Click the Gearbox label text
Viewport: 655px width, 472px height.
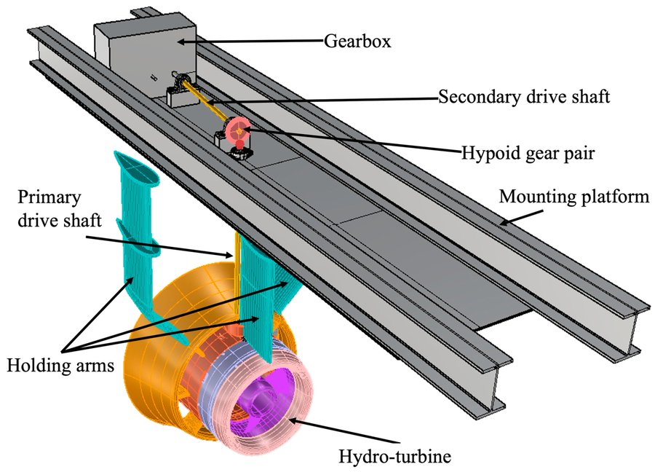[x=357, y=41]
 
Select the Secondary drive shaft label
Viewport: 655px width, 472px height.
[x=524, y=96]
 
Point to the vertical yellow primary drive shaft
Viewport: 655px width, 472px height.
[x=237, y=248]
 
